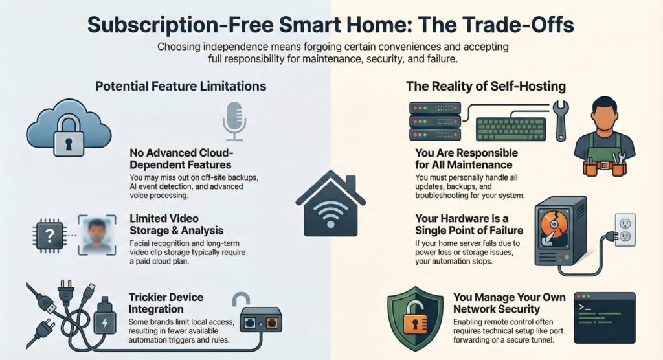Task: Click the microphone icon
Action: point(234,121)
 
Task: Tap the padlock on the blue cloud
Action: point(69,137)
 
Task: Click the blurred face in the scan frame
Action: point(97,235)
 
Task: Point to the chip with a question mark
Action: point(49,236)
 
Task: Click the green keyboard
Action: point(511,129)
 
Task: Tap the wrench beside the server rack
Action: point(561,120)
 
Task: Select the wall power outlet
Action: point(625,230)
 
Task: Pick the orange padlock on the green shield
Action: point(414,317)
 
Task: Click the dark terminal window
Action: point(605,318)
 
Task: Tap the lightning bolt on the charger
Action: point(105,323)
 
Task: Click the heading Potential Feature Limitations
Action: point(181,86)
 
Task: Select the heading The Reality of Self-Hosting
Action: point(486,86)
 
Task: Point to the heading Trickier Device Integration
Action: point(166,303)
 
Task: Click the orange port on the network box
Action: point(272,324)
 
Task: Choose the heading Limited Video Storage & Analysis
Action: point(176,224)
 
